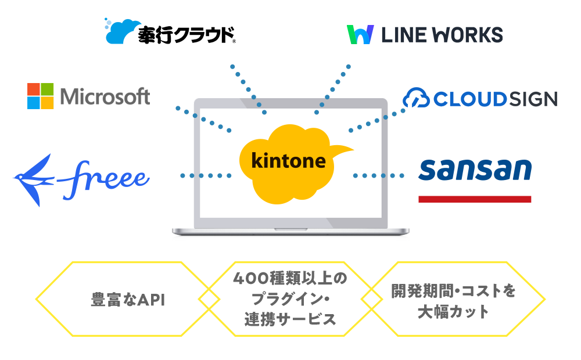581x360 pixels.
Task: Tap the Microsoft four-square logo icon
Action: coord(41,96)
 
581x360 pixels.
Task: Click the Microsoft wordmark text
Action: coord(105,96)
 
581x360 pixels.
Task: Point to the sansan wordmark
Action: coord(475,169)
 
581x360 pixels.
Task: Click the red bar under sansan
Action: coord(475,199)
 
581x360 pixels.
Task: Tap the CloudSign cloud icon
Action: coord(416,98)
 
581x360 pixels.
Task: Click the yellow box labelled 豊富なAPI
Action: coord(128,300)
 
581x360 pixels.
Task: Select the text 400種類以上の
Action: coord(290,279)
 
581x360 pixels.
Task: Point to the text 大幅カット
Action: coord(454,312)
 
